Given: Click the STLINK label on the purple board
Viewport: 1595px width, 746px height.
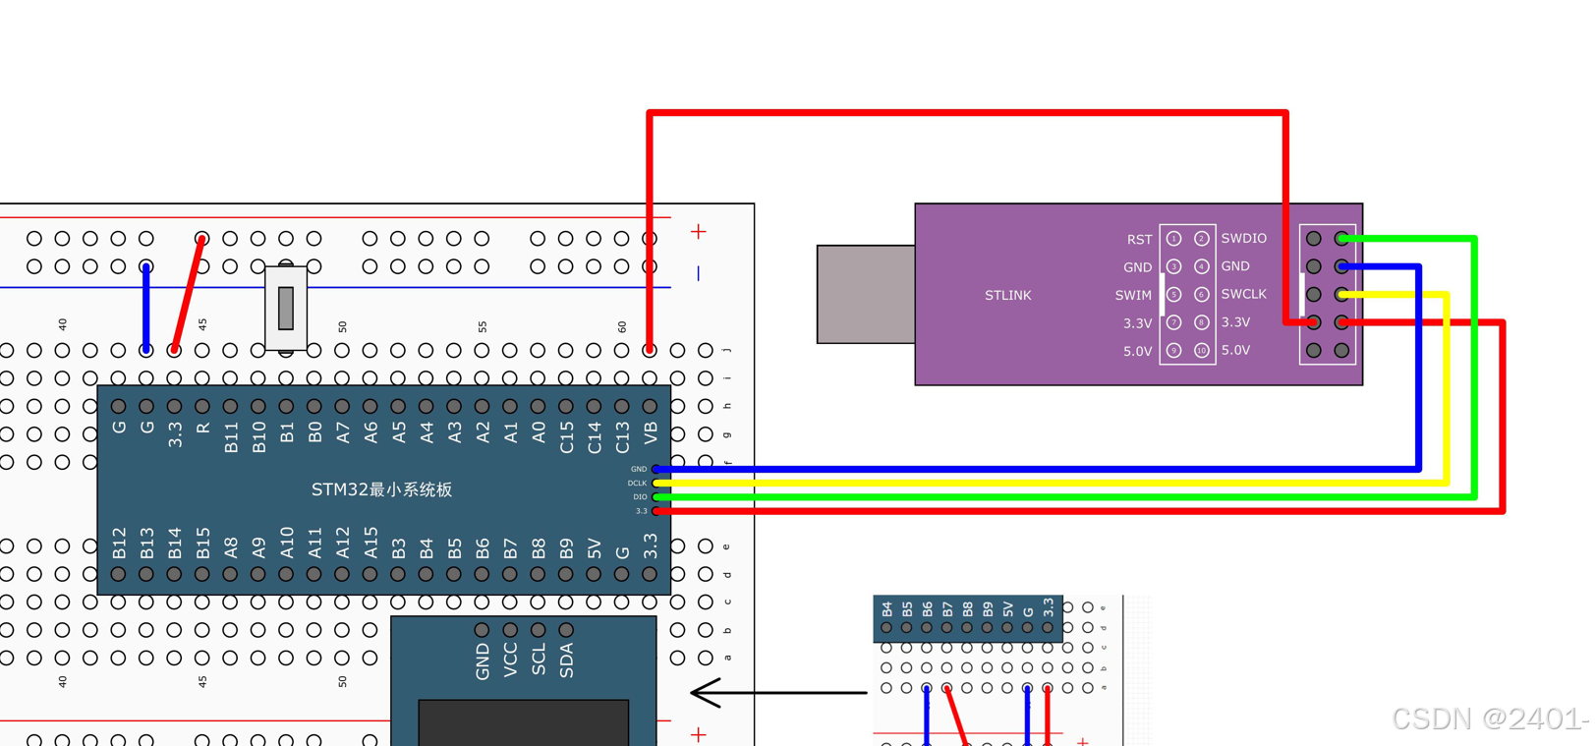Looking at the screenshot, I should [x=1007, y=295].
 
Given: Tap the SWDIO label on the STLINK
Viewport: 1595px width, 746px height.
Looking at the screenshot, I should [x=1243, y=238].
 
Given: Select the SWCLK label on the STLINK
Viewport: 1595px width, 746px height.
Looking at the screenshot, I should [x=1243, y=294].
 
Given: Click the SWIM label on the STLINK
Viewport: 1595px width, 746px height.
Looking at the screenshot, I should [x=1133, y=295].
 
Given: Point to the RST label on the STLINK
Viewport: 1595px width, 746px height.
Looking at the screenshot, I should [x=1139, y=239].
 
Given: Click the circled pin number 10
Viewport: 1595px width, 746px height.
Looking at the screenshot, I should [x=1201, y=350].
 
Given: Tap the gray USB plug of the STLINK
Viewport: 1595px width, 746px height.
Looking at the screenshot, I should [x=865, y=294].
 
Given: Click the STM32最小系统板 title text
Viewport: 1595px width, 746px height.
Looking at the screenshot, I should [x=381, y=489].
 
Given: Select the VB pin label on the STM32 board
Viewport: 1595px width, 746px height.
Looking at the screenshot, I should [x=650, y=433].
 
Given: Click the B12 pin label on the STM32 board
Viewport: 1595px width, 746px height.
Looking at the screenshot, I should [x=119, y=543].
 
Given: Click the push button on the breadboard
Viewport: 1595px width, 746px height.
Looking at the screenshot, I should [x=286, y=308].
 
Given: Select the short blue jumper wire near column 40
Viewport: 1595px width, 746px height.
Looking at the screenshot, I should [x=146, y=308].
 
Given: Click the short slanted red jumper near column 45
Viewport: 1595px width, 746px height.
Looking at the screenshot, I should [x=188, y=294].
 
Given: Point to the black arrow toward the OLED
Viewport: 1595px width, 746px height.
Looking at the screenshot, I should [x=776, y=692].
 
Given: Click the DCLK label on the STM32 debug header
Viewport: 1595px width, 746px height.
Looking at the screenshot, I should [x=637, y=483].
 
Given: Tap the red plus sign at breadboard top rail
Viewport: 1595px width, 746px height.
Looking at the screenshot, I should [x=698, y=232].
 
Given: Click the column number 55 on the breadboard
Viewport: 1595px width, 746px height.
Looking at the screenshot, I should [x=483, y=326].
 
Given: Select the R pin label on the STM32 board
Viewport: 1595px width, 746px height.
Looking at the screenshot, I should [x=202, y=429].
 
